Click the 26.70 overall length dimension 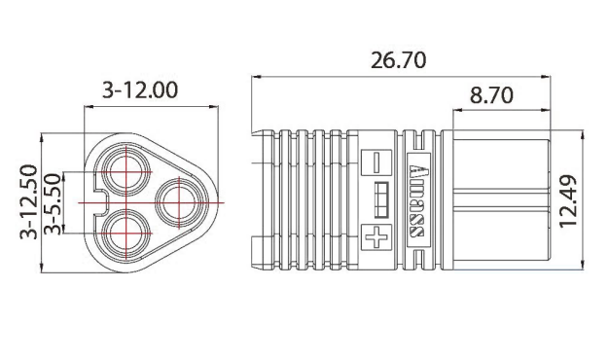(x=398, y=59)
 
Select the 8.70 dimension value (x=491, y=96)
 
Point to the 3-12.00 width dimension (x=140, y=90)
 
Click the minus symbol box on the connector (x=375, y=162)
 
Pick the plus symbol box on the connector (x=375, y=236)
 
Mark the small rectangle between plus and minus (x=380, y=198)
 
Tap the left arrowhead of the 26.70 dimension (x=256, y=77)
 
